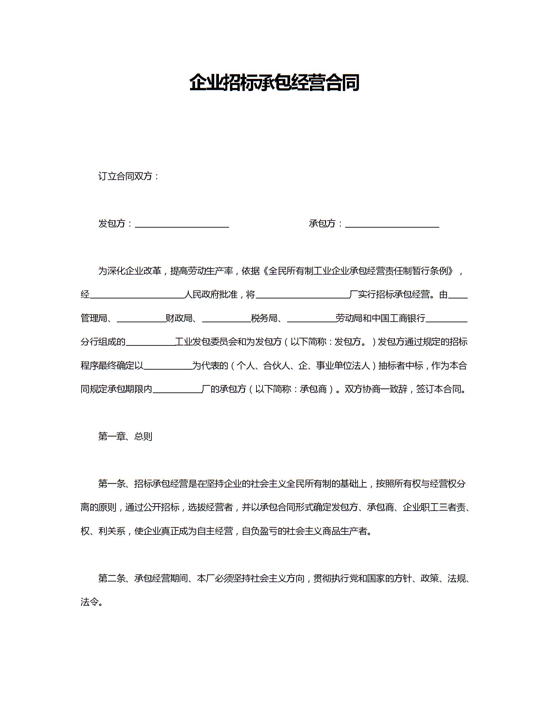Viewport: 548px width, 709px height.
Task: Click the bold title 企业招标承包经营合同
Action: pos(274,83)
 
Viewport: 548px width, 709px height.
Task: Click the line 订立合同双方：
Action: pos(129,176)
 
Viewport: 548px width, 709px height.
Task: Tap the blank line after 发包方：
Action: pos(182,224)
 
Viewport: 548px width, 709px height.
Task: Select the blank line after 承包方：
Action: pos(392,224)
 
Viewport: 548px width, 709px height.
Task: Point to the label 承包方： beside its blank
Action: pos(326,224)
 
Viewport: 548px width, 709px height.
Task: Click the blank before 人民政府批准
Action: pos(137,295)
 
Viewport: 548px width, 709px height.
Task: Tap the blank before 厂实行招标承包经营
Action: pos(303,295)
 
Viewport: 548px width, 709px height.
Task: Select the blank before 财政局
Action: pos(141,319)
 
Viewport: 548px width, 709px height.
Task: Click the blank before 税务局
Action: pos(226,319)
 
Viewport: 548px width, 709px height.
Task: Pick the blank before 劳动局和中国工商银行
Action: pos(311,319)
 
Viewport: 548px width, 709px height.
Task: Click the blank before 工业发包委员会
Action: pos(150,343)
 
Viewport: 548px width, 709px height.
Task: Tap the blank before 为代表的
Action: pos(168,366)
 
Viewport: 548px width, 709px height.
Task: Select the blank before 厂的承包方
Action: pos(177,390)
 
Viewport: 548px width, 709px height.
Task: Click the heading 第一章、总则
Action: pos(125,436)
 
